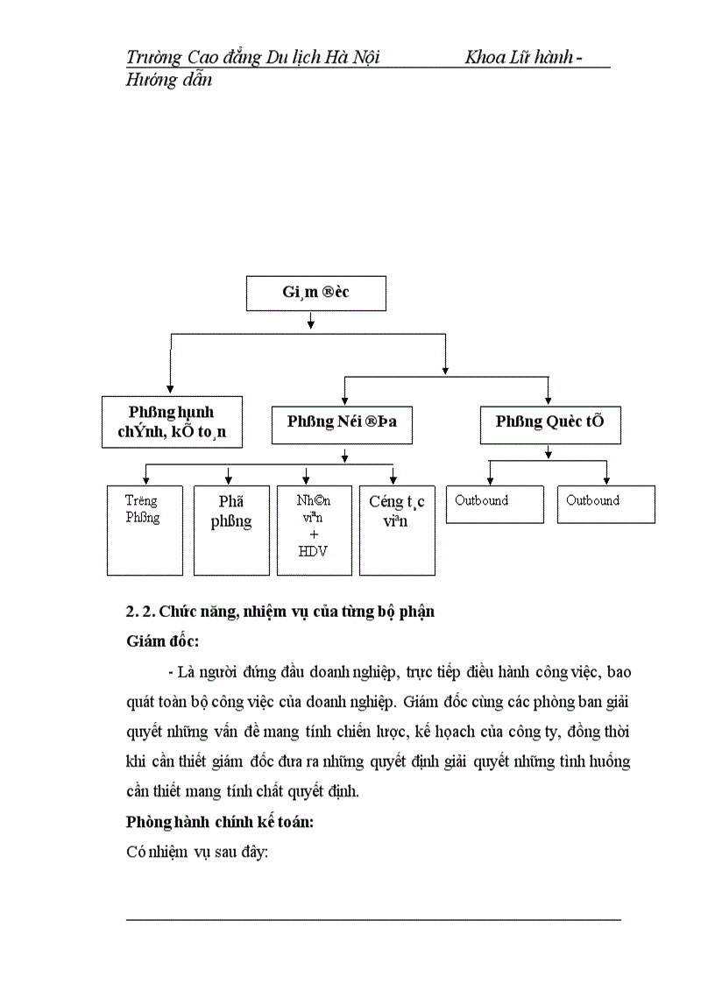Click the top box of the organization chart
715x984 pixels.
315,293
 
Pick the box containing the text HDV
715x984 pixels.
314,531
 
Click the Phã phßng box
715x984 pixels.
231,531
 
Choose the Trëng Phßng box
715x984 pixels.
145,531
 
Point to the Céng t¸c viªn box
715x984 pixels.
397,531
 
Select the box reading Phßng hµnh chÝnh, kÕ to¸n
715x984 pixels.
171,422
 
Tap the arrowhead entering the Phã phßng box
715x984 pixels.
229,480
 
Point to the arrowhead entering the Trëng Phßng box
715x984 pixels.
145,480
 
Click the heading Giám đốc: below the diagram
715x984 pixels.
162,641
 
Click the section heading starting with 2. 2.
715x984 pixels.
280,612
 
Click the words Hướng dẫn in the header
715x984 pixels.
169,81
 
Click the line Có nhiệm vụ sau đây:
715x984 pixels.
196,851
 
